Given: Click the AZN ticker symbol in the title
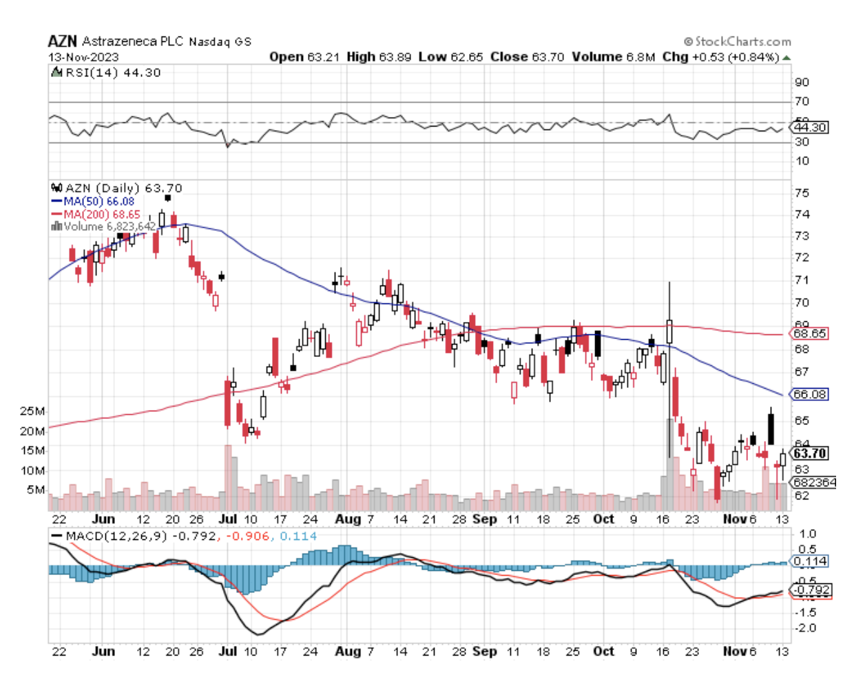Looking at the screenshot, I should coord(62,41).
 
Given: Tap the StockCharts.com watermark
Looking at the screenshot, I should coord(738,41).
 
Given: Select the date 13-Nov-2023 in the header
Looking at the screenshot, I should coord(83,57).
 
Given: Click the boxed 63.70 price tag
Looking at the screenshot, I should coord(809,453).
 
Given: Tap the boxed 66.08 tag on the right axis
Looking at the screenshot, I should coord(810,394).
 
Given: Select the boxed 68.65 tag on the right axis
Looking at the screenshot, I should coord(810,334).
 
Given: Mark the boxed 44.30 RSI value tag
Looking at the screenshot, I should coord(810,127).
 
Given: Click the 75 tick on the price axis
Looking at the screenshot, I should coord(802,193).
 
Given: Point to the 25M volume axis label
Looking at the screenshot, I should coord(32,411).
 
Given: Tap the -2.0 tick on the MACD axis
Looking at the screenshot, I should coord(805,628).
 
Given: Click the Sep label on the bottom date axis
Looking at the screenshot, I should coord(485,651).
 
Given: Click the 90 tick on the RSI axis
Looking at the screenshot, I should coord(802,83).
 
